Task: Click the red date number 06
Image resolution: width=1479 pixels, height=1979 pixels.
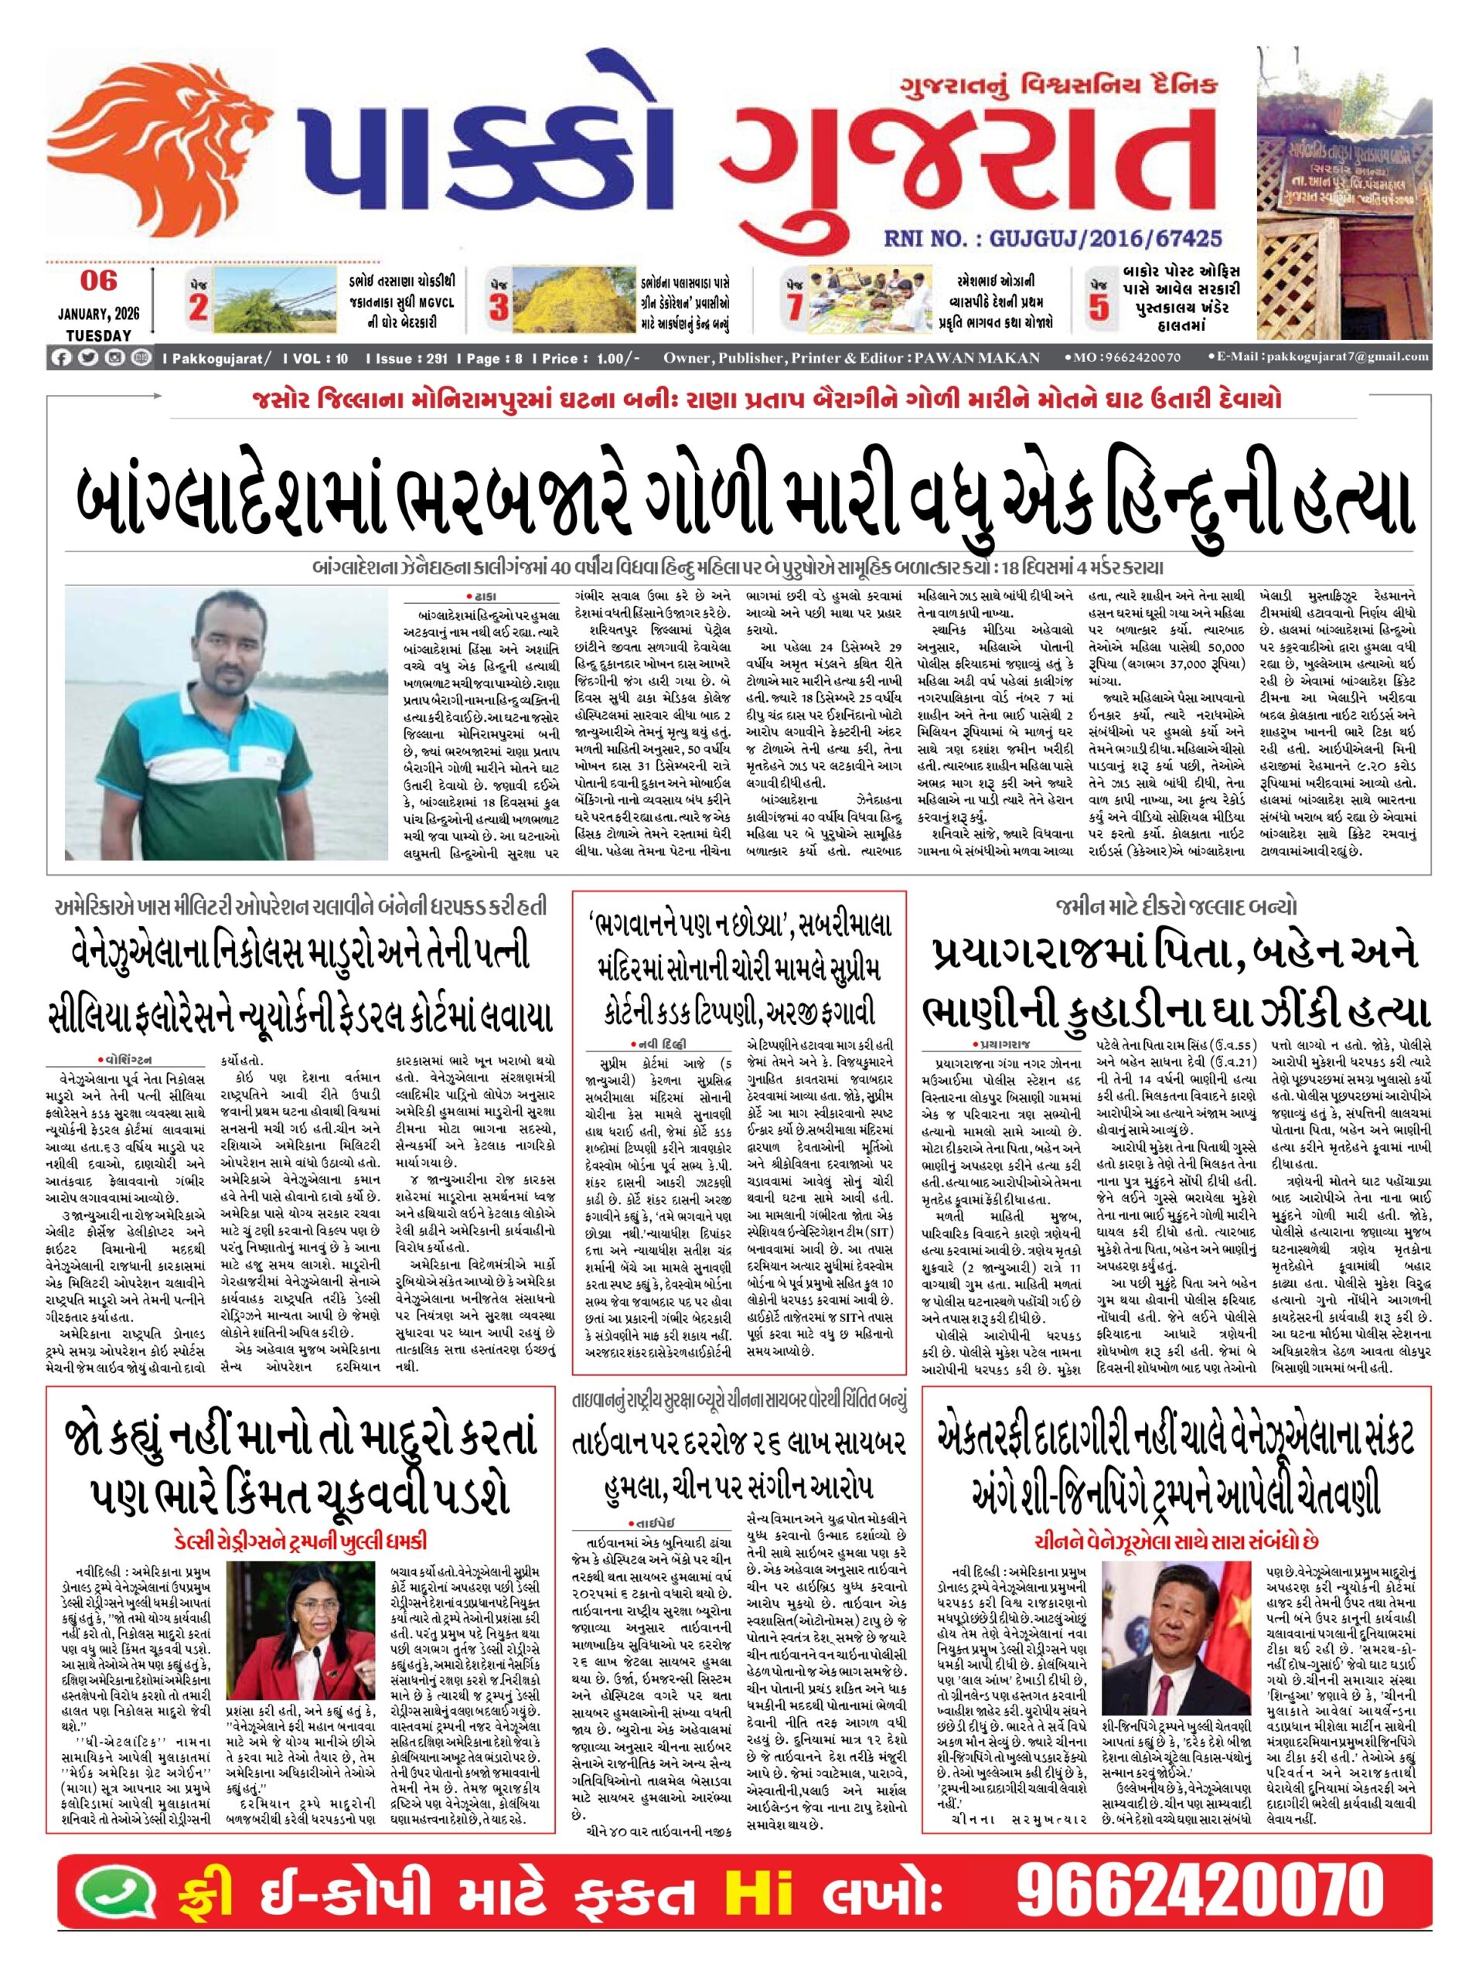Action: [x=98, y=280]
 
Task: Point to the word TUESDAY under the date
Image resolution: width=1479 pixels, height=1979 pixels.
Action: [x=98, y=336]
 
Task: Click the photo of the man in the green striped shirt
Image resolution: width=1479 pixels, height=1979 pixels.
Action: [x=227, y=722]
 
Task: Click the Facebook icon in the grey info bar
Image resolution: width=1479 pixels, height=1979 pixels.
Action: [x=62, y=358]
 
